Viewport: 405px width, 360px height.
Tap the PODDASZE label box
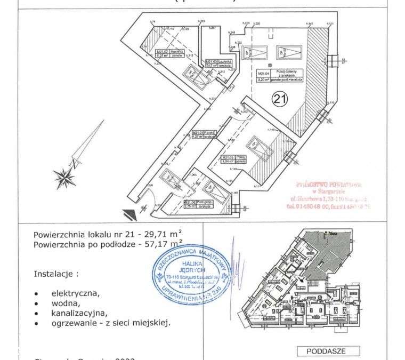(x=326, y=351)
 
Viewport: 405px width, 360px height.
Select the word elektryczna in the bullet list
(x=75, y=293)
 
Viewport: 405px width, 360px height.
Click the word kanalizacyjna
(x=79, y=313)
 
